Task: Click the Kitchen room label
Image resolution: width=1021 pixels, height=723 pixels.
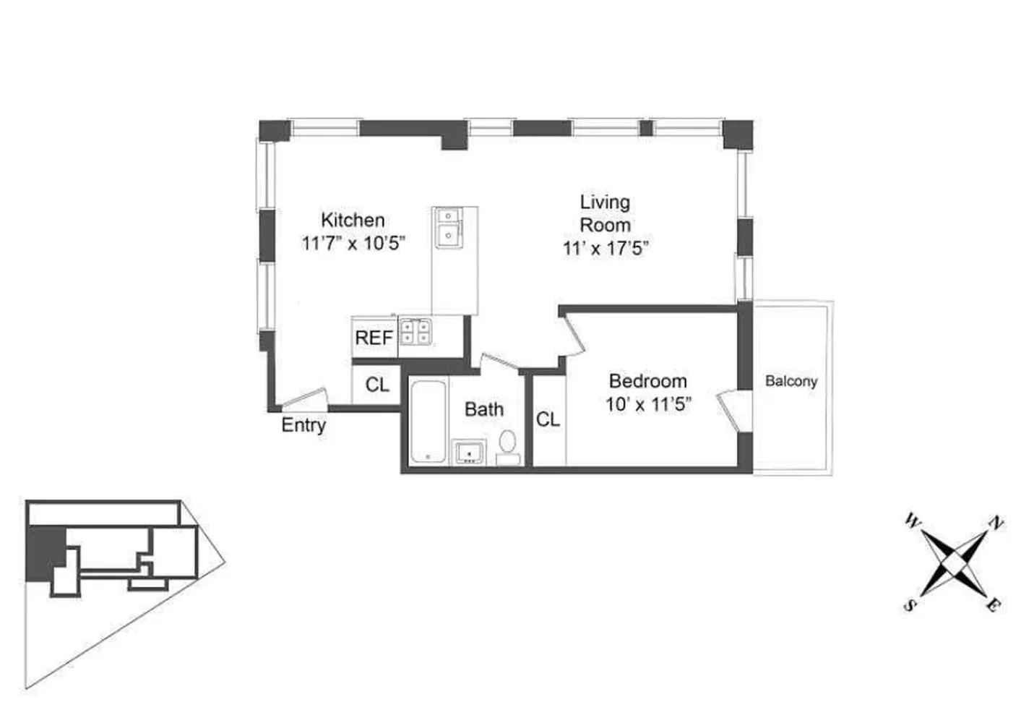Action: pos(353,220)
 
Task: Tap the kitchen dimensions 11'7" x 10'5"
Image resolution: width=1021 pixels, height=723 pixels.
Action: pos(353,243)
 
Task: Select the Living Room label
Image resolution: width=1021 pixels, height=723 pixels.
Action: pos(605,213)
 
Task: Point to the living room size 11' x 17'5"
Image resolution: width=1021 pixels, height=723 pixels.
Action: pos(606,249)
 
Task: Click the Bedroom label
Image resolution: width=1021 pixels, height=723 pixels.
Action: pos(647,381)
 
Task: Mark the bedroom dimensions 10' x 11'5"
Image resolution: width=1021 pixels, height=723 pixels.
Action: pos(648,404)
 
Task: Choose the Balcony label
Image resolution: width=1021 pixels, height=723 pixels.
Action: pos(791,381)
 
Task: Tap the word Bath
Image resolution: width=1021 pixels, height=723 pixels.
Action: pos(484,409)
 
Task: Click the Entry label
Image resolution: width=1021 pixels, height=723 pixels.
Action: pos(303,425)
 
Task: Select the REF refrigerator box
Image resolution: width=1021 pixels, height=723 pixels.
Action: pos(374,338)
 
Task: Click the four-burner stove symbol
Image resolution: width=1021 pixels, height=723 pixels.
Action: pos(416,331)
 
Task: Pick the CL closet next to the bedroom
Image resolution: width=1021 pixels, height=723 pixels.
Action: pos(548,419)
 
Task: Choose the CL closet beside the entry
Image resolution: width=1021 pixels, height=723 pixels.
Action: pos(376,385)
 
